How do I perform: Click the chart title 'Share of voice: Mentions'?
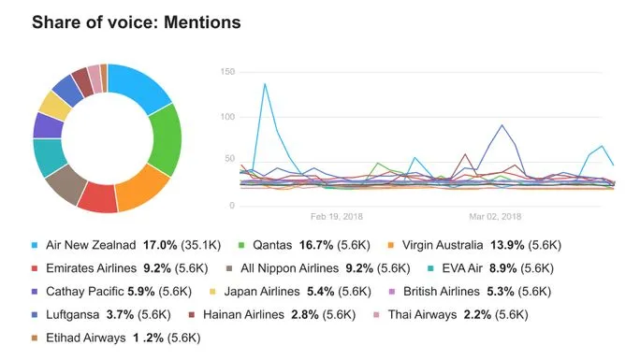pos(136,21)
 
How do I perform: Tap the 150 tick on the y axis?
pos(226,71)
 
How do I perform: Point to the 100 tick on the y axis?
pos(226,116)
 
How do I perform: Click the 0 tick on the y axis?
pos(230,205)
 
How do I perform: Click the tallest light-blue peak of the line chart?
pos(265,84)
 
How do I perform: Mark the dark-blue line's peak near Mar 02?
pos(503,124)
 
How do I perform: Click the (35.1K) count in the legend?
pos(199,245)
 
